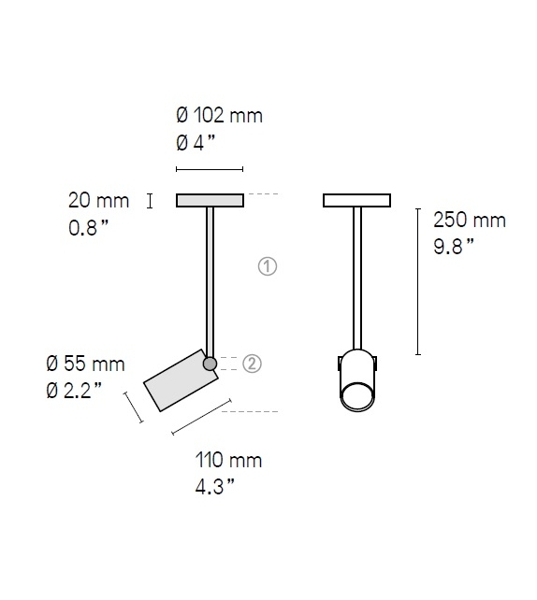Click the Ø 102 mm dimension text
[219, 116]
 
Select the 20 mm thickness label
[97, 199]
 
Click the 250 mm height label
[469, 221]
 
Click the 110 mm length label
[229, 460]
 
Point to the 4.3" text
[215, 486]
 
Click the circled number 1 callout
[268, 266]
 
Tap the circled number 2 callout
[252, 364]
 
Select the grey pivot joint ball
[210, 363]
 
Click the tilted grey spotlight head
[181, 380]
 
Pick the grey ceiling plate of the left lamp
[210, 200]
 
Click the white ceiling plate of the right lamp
[356, 200]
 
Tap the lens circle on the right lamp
[356, 396]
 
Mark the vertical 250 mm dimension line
[418, 281]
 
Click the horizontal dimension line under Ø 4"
[210, 170]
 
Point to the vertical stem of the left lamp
[210, 280]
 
